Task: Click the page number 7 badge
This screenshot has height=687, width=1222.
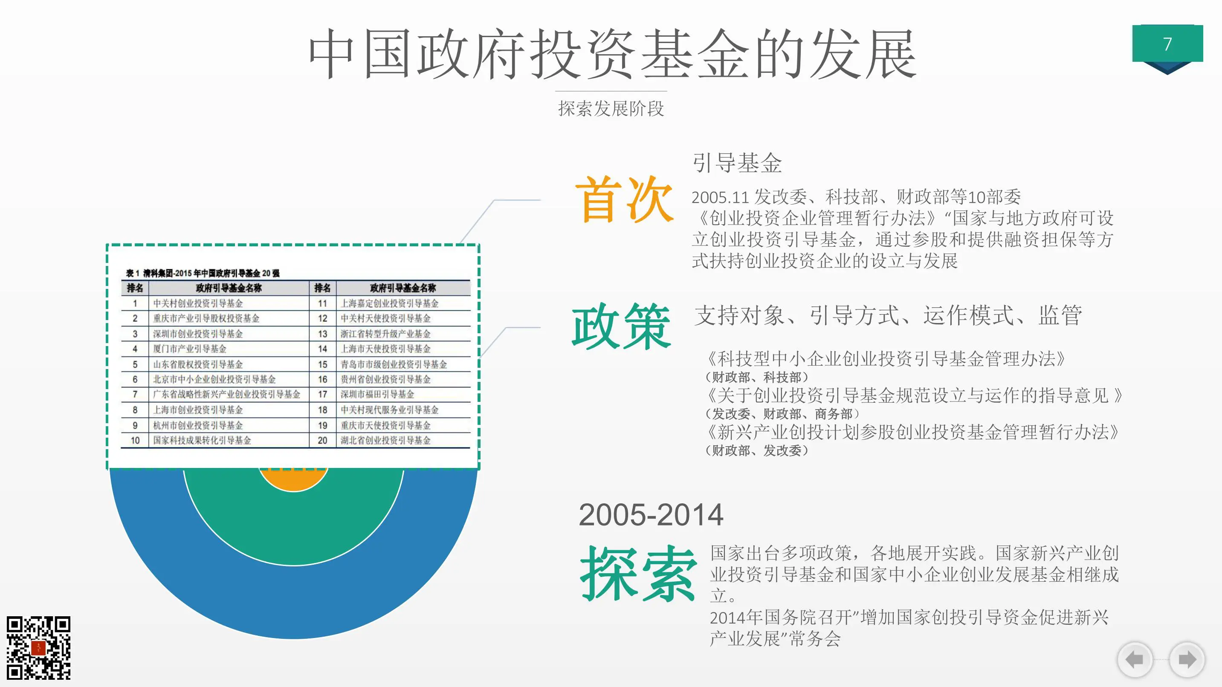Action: coord(1167,44)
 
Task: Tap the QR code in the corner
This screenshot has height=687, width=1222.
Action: coord(38,647)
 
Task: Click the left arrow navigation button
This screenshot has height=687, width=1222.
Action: coord(1135,659)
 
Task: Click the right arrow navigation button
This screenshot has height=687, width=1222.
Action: coord(1187,659)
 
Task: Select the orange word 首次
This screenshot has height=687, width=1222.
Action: coord(623,199)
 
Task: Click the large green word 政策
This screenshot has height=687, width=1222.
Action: coord(621,327)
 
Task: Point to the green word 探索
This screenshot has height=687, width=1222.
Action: coord(637,573)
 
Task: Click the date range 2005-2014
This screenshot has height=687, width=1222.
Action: coord(650,515)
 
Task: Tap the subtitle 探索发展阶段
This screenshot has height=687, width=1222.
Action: coord(611,109)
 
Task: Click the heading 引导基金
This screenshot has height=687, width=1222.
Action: coord(737,163)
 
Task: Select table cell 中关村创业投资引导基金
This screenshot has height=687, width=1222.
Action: coord(198,303)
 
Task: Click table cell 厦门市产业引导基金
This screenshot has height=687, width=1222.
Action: coord(189,349)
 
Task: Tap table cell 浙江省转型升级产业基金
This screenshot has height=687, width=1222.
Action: coord(385,334)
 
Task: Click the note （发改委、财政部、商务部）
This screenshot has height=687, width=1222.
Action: coord(782,414)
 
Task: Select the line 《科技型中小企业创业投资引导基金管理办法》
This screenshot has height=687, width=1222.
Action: coord(885,359)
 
